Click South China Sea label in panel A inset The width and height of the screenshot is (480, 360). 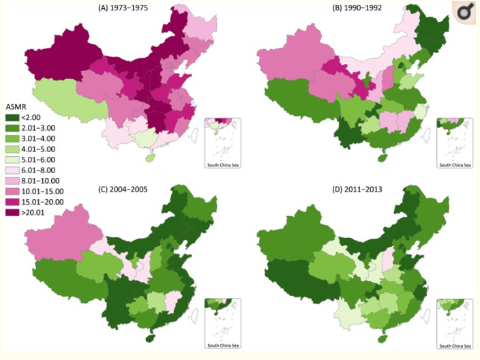pyautogui.click(x=224, y=165)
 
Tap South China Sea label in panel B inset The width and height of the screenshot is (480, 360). pyautogui.click(x=455, y=165)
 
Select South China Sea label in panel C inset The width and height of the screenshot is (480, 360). pyautogui.click(x=224, y=346)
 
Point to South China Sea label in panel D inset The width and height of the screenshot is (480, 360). pyautogui.click(x=455, y=346)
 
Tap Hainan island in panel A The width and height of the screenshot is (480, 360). pyautogui.click(x=148, y=157)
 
